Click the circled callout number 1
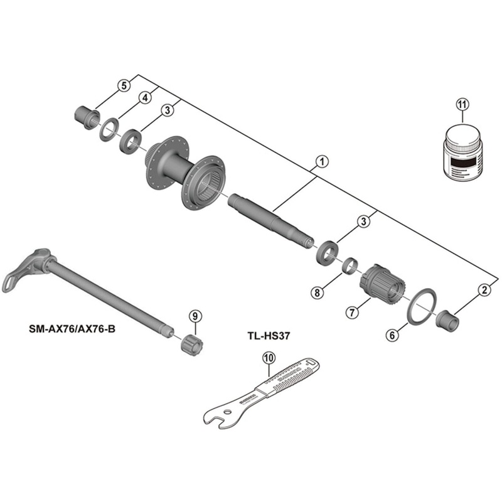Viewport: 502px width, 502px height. [320, 162]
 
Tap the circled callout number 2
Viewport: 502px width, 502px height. [483, 289]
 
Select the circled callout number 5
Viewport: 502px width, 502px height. [124, 85]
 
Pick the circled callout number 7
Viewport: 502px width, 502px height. [351, 311]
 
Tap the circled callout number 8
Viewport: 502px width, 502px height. [318, 292]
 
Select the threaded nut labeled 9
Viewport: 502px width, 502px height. [190, 343]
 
